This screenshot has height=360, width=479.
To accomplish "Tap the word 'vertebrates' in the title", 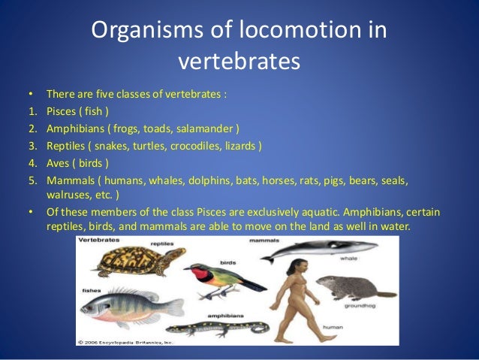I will pos(239,60).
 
